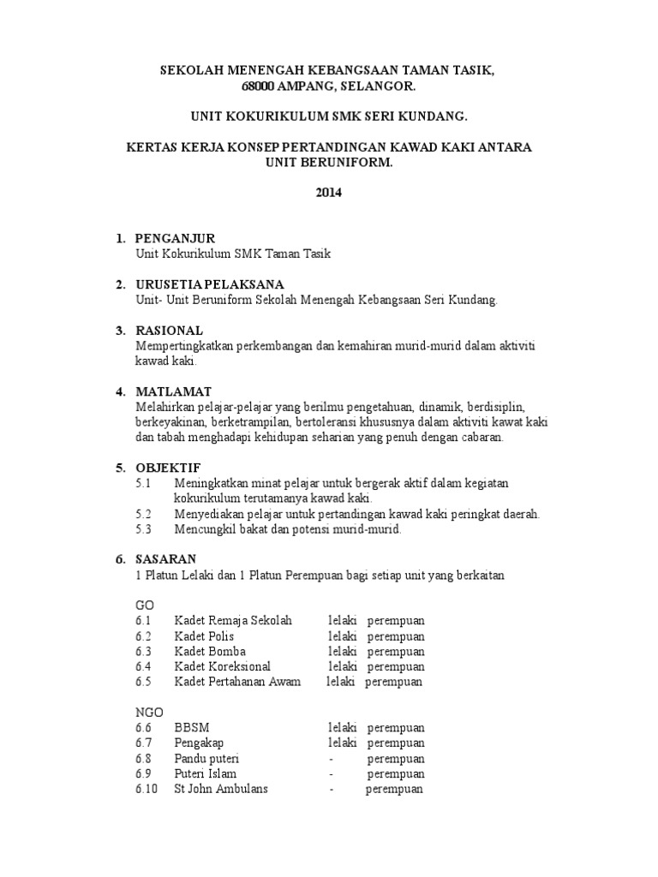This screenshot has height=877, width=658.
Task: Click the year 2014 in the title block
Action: (x=328, y=193)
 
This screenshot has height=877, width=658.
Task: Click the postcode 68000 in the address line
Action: (x=258, y=87)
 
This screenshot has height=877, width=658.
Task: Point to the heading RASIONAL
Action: (x=169, y=330)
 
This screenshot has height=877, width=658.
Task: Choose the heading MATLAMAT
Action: (x=173, y=391)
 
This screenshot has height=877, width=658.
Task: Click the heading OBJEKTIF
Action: (x=168, y=468)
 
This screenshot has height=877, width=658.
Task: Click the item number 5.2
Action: (x=143, y=514)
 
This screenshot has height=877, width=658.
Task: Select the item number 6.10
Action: (x=147, y=789)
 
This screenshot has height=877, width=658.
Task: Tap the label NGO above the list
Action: (x=148, y=713)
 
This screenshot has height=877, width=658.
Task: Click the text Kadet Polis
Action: (x=204, y=636)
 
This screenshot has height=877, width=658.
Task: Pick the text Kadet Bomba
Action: (x=206, y=652)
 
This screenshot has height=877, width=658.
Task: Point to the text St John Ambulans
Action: (x=221, y=789)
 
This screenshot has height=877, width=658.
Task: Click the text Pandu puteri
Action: (x=206, y=759)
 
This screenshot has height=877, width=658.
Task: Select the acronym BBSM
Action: (x=191, y=728)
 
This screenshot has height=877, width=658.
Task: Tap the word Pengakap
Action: (x=199, y=743)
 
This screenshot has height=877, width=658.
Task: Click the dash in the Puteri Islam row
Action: (x=330, y=774)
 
